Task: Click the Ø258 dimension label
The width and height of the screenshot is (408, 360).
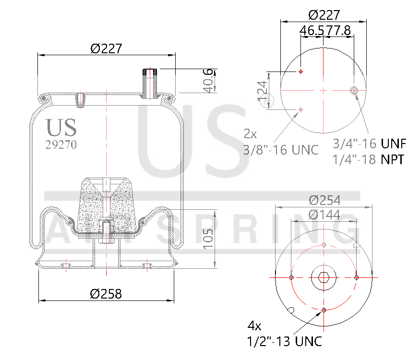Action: [x=106, y=294]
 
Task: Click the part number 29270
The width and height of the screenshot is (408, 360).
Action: [x=60, y=144]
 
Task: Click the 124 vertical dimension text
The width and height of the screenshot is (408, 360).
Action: [x=262, y=93]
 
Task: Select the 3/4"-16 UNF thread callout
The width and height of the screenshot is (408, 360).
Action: [x=369, y=144]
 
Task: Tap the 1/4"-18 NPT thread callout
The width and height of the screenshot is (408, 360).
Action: [x=368, y=159]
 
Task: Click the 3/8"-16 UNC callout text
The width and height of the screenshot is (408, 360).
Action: [x=280, y=150]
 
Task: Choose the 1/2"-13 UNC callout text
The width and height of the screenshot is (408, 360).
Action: [x=284, y=341]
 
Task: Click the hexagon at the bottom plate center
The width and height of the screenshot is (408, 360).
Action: [x=324, y=277]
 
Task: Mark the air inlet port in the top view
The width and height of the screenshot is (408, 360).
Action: [x=354, y=90]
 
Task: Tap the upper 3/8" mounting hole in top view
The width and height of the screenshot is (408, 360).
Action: [x=301, y=72]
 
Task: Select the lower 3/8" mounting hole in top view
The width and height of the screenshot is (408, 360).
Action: [x=301, y=110]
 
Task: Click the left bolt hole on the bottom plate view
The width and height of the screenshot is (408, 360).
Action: [x=292, y=277]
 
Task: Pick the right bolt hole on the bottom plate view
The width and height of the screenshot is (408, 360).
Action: [x=356, y=277]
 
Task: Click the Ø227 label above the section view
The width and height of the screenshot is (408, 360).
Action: [x=106, y=48]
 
